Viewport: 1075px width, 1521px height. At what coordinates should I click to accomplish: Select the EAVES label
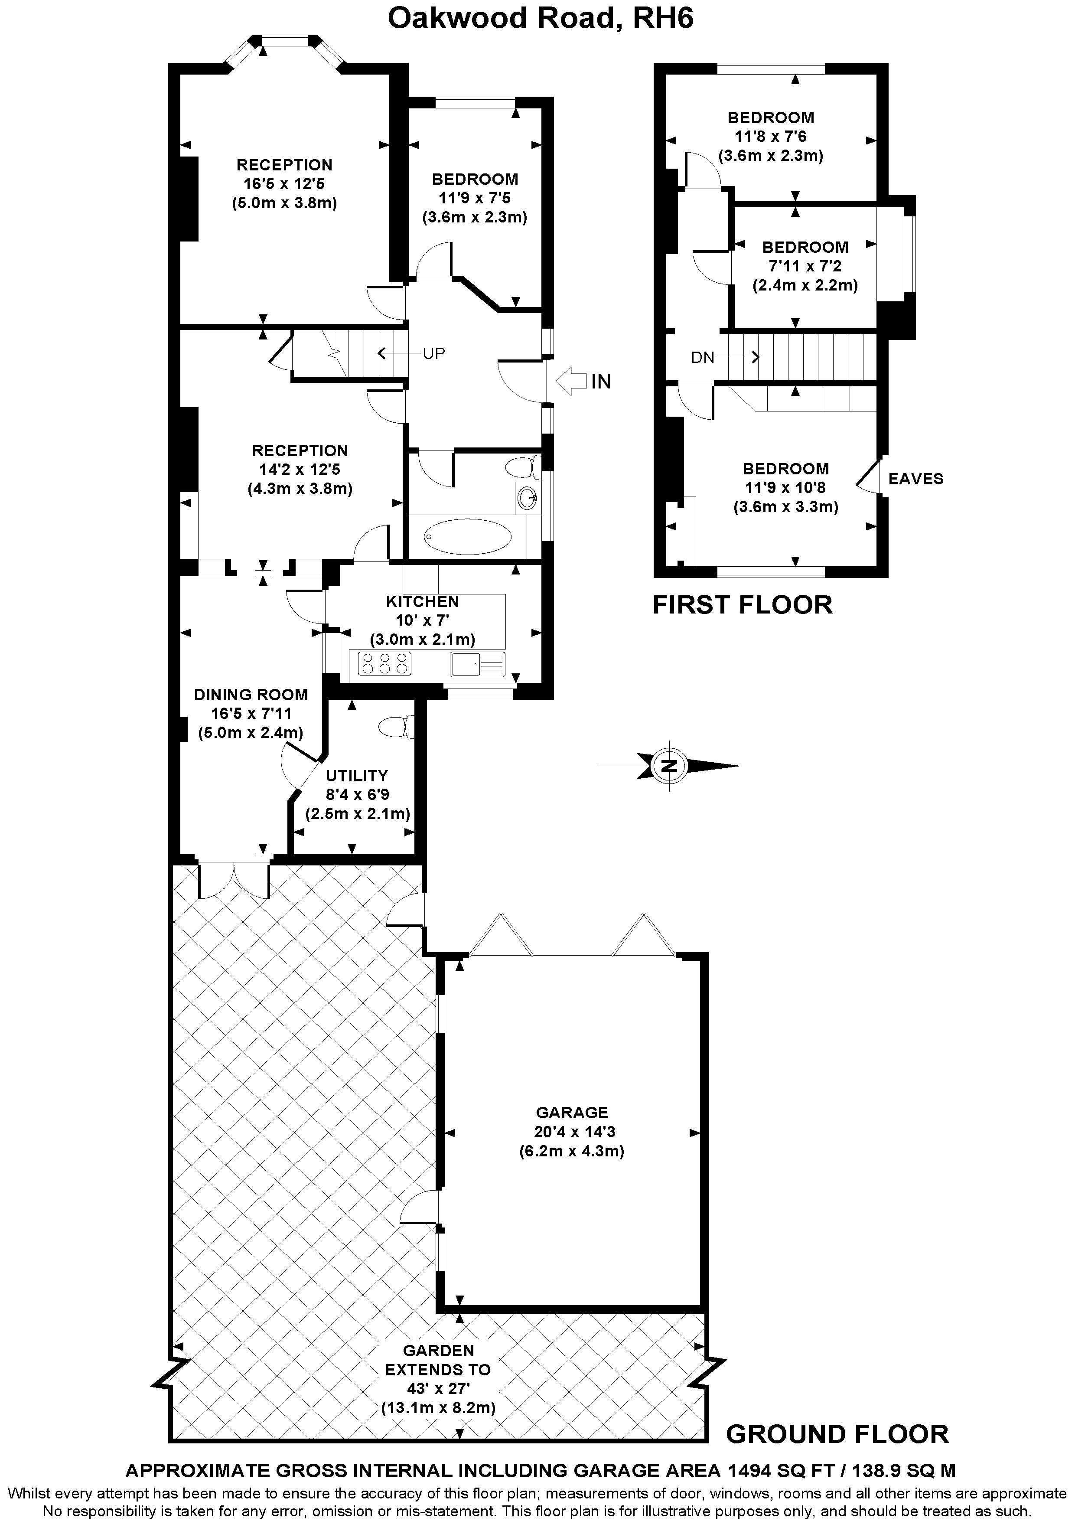(915, 479)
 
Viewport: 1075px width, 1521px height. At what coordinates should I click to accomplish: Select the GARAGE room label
(572, 1112)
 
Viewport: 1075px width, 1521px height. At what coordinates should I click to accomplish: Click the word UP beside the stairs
(434, 354)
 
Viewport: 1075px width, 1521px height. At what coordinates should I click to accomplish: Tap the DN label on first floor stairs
(703, 358)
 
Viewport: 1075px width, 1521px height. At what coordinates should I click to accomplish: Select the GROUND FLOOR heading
(837, 1434)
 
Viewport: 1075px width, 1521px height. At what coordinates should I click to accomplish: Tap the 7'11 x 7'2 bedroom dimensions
(805, 266)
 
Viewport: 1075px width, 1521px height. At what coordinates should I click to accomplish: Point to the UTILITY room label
(357, 776)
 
